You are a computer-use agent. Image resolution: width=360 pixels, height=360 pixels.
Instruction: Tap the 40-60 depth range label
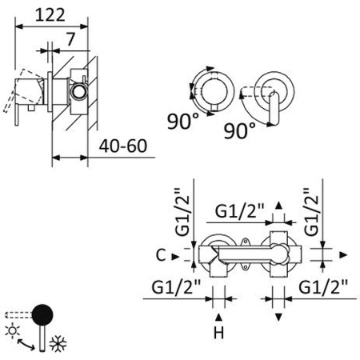124,146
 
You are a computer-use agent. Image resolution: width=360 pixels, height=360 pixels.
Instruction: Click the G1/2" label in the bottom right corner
324,286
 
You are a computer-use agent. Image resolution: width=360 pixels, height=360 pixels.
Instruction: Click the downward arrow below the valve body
278,318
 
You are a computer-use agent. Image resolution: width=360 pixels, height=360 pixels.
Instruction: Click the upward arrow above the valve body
278,206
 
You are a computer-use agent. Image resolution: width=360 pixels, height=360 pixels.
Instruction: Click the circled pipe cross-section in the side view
78,90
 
